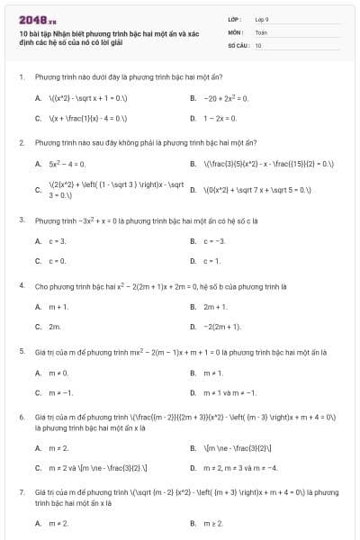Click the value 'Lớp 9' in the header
262,19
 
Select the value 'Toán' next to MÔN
261,31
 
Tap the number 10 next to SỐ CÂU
258,44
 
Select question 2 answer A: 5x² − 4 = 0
67,164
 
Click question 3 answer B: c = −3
214,241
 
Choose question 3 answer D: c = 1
212,262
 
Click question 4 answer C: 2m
55,328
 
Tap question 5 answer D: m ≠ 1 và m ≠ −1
229,393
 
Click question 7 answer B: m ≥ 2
213,522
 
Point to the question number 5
21,353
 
